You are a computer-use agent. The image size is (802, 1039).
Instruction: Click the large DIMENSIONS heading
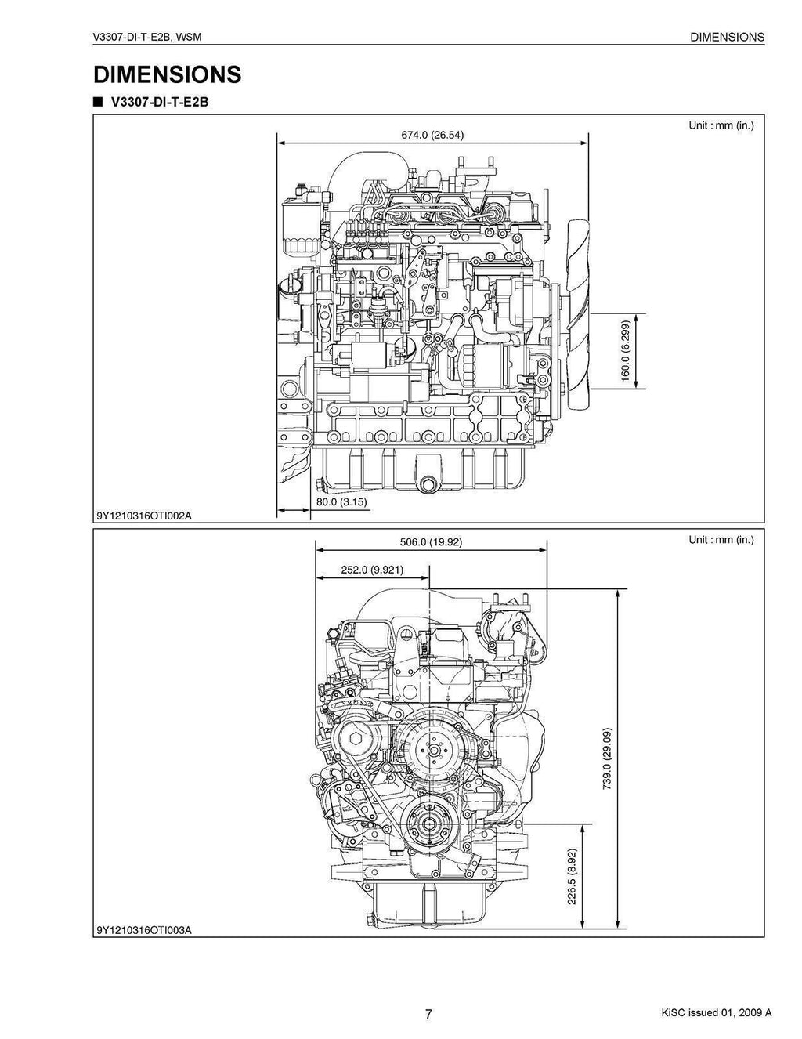click(167, 74)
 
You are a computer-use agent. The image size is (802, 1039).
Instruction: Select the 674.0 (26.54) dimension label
click(432, 134)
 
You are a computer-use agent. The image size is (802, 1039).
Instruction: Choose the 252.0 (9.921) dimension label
click(372, 570)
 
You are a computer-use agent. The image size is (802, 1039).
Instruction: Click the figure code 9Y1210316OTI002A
click(143, 516)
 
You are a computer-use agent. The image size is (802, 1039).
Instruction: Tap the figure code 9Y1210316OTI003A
click(143, 930)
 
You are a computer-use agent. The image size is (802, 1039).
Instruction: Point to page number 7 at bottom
click(428, 1013)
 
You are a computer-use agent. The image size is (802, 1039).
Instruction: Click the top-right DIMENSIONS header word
click(727, 37)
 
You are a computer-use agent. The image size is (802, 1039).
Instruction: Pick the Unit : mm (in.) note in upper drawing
click(721, 125)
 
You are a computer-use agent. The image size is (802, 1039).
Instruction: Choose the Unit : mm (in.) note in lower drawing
click(721, 540)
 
